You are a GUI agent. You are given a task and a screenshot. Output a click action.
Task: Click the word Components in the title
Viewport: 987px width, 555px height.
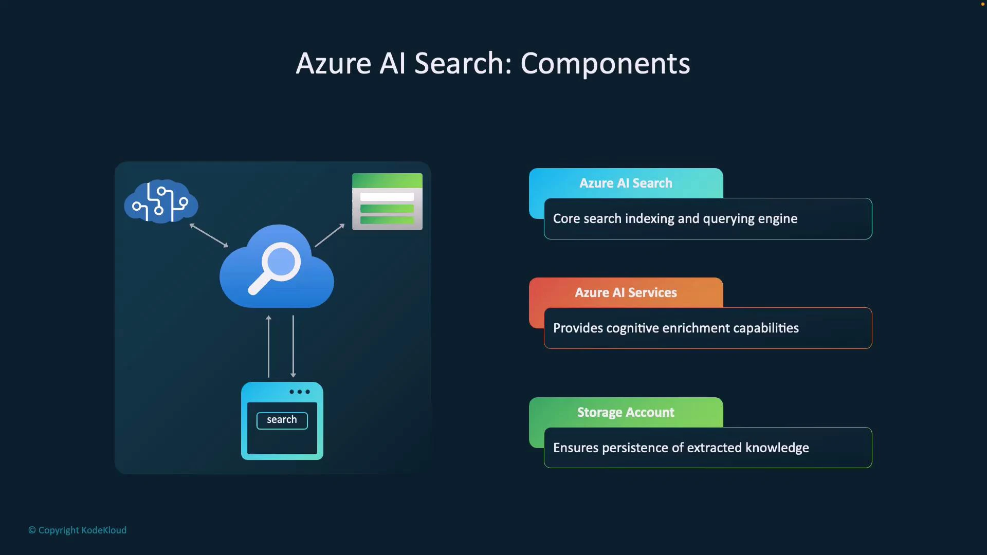coord(605,64)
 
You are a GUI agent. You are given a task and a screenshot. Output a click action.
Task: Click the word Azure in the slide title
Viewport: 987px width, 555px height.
coord(333,64)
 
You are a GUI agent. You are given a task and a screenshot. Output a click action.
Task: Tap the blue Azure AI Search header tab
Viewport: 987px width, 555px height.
coord(626,183)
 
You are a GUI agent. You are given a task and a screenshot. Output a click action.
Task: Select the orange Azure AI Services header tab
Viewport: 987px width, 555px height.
coord(626,293)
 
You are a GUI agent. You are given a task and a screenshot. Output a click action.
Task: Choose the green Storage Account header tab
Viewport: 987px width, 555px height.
coord(626,413)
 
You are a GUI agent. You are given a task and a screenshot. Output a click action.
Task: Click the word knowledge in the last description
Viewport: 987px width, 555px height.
coord(777,448)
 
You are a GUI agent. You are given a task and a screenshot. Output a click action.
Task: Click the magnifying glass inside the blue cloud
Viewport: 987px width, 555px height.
coord(275,267)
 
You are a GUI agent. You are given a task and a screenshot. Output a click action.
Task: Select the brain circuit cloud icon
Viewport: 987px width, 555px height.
coord(161,201)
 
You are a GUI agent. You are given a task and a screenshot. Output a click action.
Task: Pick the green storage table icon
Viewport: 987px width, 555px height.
coord(387,201)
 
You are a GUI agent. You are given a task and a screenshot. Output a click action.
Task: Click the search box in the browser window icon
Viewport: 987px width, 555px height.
coord(282,420)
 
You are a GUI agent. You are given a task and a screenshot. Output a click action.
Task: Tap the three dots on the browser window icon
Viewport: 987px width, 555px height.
coord(300,392)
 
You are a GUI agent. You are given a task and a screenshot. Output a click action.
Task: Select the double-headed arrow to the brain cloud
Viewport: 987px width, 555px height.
coord(209,235)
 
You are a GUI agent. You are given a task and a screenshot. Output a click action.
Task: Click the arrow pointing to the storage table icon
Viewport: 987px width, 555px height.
coord(330,235)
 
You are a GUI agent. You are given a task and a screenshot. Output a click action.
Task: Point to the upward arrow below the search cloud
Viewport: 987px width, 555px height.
coord(268,346)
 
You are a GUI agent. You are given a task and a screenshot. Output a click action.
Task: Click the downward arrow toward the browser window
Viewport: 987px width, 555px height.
coord(293,346)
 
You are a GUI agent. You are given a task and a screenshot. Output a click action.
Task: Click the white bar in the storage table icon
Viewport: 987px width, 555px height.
coord(387,197)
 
